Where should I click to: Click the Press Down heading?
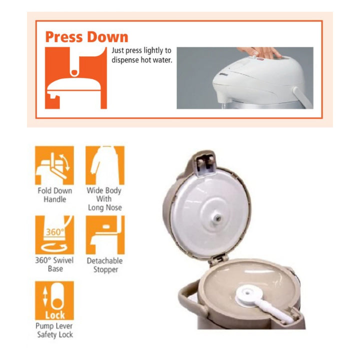click(86, 37)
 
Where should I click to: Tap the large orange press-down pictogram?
click(76, 78)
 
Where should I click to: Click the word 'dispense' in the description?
click(125, 60)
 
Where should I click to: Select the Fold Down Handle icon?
click(54, 165)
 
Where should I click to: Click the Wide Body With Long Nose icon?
click(105, 165)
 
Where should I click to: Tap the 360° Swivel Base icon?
click(54, 235)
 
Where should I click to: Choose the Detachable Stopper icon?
click(105, 235)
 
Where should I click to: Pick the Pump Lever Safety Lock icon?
click(54, 300)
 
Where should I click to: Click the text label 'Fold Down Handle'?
click(55, 195)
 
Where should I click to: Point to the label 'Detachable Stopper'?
click(105, 265)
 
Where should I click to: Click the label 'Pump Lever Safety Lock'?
click(54, 330)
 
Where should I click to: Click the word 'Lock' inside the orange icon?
click(55, 315)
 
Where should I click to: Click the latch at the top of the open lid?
click(205, 163)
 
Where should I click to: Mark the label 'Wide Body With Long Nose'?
click(104, 199)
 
